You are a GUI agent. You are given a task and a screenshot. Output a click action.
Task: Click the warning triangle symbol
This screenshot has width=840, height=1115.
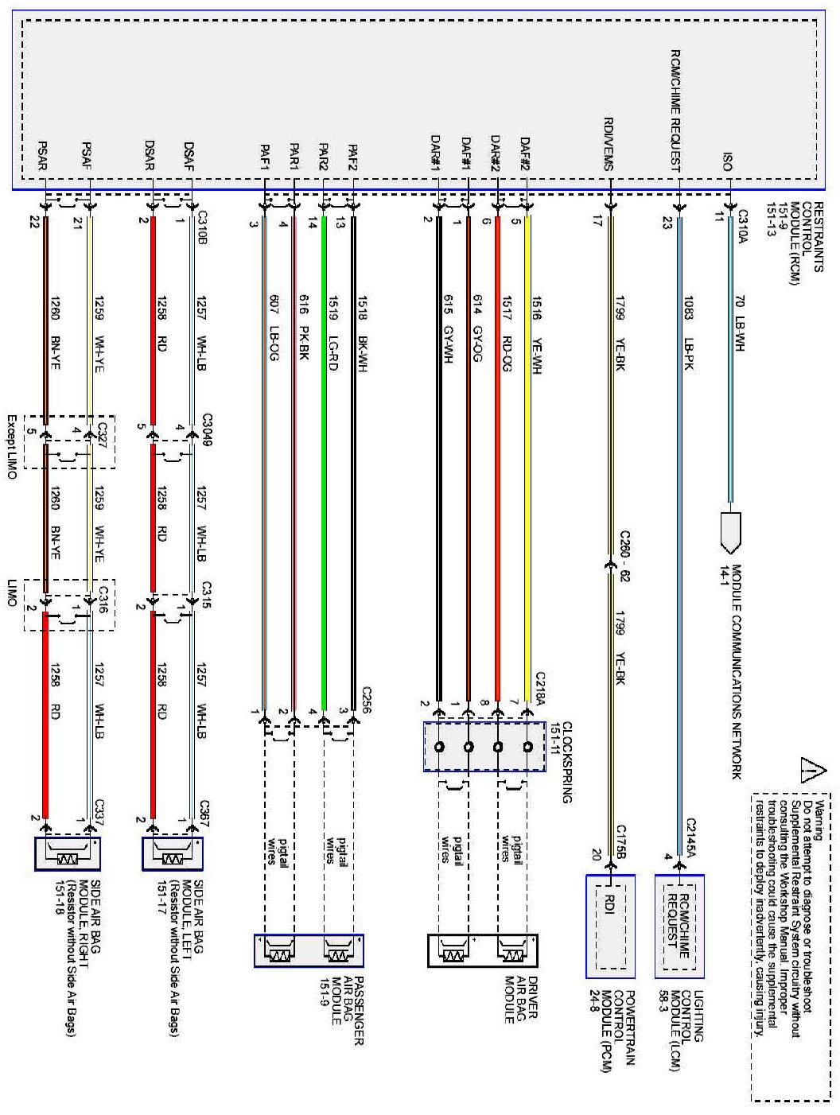(x=812, y=771)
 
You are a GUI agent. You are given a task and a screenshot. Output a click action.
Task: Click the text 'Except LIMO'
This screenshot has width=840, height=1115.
(x=12, y=446)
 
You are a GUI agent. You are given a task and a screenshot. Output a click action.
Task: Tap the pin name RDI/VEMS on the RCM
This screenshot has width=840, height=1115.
(x=609, y=144)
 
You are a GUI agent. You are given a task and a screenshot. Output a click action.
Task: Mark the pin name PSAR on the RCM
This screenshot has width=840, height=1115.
(x=43, y=157)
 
